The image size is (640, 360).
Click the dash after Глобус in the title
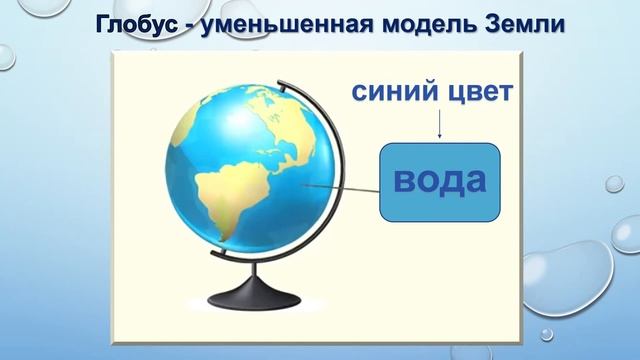[186, 24]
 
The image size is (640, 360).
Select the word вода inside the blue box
[440, 181]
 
